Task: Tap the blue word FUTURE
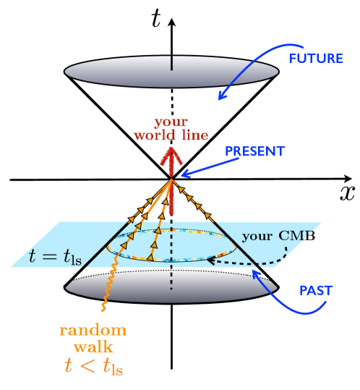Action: (x=315, y=58)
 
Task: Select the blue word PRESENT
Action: (x=254, y=152)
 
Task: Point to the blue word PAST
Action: (x=315, y=291)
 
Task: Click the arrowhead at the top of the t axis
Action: (x=171, y=22)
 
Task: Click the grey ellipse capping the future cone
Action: (x=171, y=70)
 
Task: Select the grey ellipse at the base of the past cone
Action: (x=171, y=285)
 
